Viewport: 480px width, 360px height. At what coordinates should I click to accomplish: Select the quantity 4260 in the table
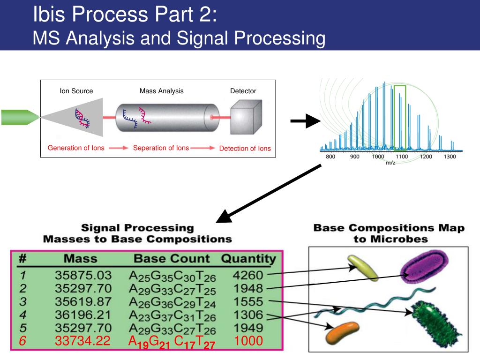pos(249,275)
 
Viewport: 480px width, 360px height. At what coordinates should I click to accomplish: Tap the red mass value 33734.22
pos(82,342)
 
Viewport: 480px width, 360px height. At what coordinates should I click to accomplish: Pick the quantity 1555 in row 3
pos(249,301)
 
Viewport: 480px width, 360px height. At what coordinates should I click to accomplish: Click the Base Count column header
pos(172,258)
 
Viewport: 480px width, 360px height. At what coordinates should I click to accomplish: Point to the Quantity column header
pos(248,258)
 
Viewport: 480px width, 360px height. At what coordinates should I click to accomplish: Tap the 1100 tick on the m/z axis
pos(402,157)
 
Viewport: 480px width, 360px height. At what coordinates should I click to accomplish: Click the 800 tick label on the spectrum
pos(330,157)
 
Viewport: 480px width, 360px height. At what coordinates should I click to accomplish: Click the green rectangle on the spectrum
pos(399,117)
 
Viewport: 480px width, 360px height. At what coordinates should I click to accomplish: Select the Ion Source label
pos(76,91)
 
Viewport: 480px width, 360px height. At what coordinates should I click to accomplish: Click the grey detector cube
pos(245,117)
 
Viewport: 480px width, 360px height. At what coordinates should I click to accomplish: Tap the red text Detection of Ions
pos(245,149)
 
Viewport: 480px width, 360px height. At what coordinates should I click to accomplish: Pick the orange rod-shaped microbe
pos(342,331)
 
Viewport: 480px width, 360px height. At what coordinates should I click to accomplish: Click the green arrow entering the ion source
pos(19,117)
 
